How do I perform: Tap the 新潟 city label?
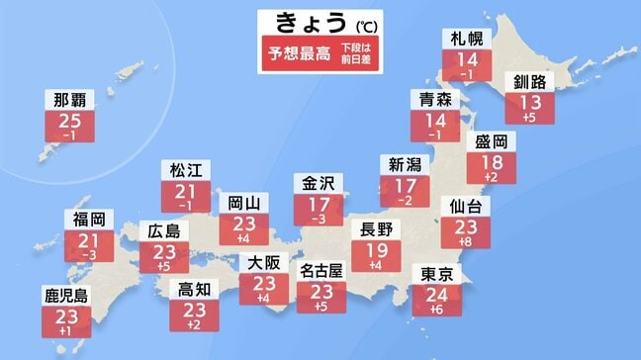(405, 164)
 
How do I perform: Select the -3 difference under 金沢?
(319, 218)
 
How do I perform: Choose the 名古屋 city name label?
(320, 267)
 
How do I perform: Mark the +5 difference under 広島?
(161, 267)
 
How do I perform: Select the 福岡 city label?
(89, 218)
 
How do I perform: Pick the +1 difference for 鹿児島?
(64, 332)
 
